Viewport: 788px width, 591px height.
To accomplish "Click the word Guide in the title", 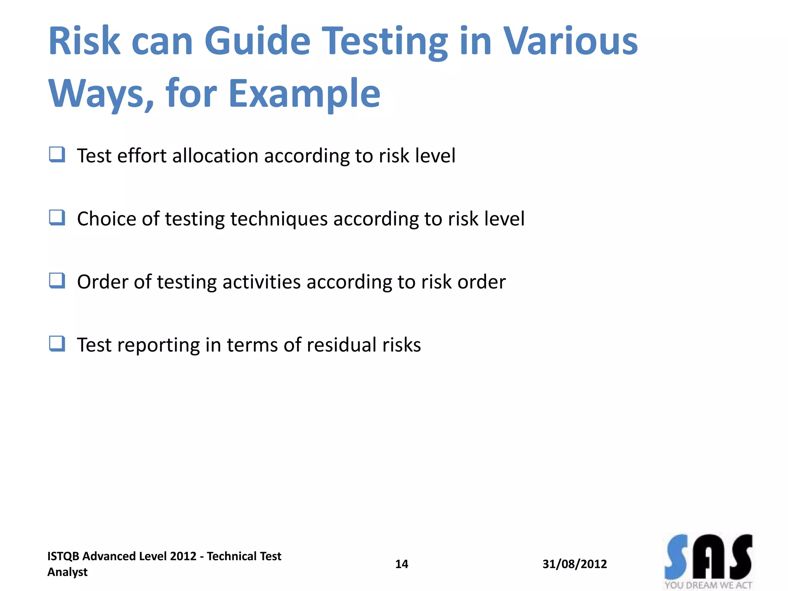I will point(257,41).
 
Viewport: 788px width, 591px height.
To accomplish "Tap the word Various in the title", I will point(571,41).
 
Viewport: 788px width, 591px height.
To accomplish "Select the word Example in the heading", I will point(304,93).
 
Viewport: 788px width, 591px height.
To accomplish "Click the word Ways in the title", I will point(101,93).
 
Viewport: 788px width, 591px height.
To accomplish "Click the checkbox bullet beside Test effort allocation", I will point(57,155).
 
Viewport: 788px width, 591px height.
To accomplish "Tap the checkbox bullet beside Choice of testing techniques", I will point(57,218).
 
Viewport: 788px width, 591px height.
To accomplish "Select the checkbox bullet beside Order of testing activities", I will point(57,281).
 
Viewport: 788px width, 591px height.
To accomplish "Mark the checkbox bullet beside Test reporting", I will point(57,344).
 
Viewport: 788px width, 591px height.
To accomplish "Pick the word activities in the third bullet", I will point(261,282).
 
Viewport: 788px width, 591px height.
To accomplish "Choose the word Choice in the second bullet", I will point(107,219).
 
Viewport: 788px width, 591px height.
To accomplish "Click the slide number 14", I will point(401,564).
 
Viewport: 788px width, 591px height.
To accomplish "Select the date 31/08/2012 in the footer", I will point(574,564).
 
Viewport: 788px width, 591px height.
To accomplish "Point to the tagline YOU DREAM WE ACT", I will point(708,585).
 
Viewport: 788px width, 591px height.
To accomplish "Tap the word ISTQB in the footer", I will point(63,556).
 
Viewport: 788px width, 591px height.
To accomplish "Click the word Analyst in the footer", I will point(67,572).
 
